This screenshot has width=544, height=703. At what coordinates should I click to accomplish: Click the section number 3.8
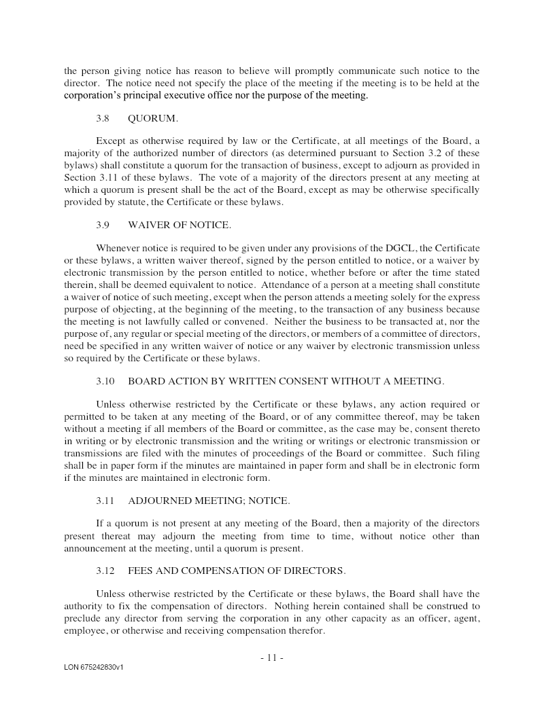[x=103, y=118]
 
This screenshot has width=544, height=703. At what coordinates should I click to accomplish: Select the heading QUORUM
[x=153, y=118]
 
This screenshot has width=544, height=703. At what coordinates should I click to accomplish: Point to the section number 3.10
[x=105, y=381]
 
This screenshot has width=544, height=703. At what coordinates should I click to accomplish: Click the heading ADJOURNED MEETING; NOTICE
[x=209, y=501]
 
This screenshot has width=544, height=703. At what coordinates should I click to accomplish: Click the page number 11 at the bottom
[x=271, y=657]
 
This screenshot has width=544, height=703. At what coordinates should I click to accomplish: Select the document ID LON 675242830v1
[x=94, y=668]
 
